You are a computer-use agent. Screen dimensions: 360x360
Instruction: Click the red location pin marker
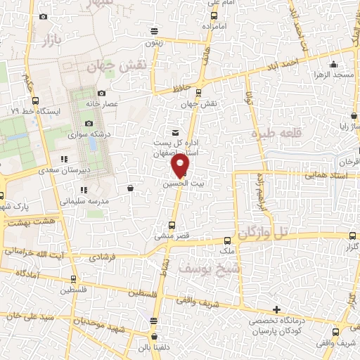[181, 166]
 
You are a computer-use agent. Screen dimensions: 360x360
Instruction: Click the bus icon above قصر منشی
[172, 226]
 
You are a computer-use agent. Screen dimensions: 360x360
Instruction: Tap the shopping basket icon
[131, 188]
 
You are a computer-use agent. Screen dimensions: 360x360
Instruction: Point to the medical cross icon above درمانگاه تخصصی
[277, 309]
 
